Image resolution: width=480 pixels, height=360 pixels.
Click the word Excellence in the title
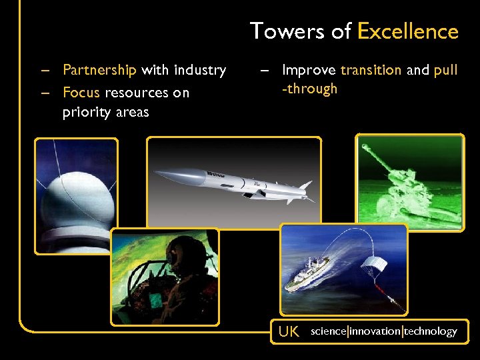[x=408, y=31]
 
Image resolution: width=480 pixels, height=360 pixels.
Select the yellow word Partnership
[x=99, y=69]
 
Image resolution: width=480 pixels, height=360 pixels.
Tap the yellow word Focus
[x=81, y=92]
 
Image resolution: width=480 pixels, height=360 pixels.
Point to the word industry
[x=200, y=69]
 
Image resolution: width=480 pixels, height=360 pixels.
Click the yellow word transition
[x=371, y=69]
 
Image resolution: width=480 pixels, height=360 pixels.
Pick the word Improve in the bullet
[x=309, y=69]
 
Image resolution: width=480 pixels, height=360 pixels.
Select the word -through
[x=309, y=89]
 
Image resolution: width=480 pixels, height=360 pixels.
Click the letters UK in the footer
[x=289, y=331]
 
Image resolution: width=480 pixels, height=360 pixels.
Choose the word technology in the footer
[x=431, y=331]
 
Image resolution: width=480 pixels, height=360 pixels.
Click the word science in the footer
[x=328, y=331]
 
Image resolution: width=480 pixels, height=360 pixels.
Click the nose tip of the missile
[x=157, y=174]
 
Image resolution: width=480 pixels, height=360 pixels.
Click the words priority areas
[x=105, y=112]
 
